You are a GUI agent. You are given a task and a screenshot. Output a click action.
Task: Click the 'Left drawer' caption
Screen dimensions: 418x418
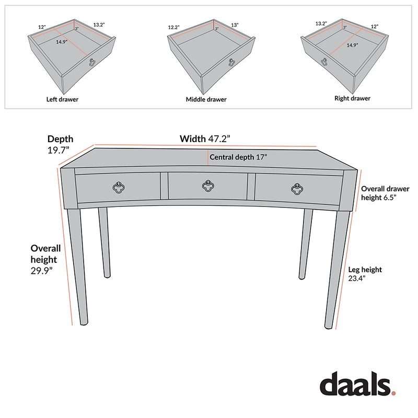tap(62, 99)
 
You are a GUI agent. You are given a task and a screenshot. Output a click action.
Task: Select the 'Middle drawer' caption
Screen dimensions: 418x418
tap(206, 99)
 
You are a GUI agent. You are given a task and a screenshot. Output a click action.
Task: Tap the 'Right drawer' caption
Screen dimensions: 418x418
tap(352, 98)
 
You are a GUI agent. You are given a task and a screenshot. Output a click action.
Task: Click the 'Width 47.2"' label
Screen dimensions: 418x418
tap(205, 139)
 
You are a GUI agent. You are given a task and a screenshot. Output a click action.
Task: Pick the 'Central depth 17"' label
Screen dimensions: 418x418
tap(238, 157)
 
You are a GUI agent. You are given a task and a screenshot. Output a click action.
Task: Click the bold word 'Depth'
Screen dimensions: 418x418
tap(61, 139)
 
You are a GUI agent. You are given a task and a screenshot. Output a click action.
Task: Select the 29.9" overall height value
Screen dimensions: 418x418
tap(42, 271)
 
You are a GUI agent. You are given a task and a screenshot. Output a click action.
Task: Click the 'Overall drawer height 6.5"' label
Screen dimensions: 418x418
tap(385, 193)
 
